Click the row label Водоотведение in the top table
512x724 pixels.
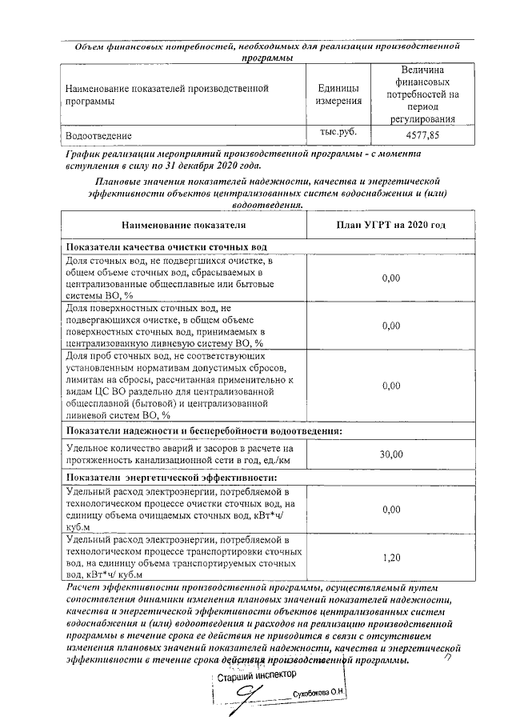tap(98, 136)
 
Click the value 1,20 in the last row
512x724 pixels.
tap(390, 557)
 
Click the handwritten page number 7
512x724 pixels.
tap(447, 658)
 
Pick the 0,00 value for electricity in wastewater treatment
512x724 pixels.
tap(390, 509)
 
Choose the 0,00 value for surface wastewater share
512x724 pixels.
tap(390, 326)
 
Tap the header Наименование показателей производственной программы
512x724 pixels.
tap(166, 94)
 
